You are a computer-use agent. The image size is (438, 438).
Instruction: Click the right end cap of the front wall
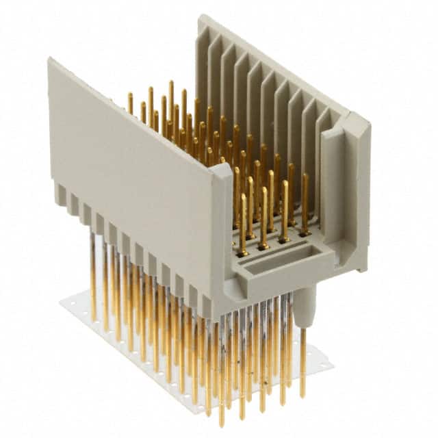pos(222,226)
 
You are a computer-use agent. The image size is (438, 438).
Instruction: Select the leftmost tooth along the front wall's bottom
pos(61,194)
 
